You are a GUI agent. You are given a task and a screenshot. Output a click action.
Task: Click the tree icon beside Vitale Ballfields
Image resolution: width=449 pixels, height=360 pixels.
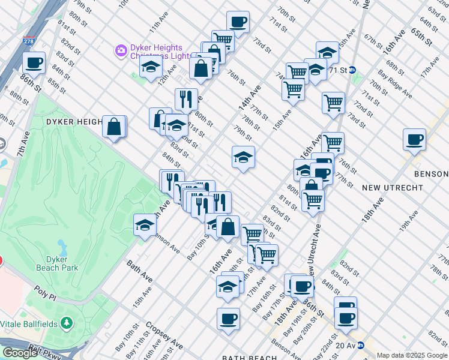[x=65, y=323]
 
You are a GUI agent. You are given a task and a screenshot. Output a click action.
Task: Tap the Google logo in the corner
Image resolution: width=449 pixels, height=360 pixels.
[x=20, y=353]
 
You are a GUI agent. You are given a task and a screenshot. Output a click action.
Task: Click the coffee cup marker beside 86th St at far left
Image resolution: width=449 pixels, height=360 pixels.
[x=34, y=62]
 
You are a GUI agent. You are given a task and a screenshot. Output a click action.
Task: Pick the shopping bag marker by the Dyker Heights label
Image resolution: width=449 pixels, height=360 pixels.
[x=113, y=127]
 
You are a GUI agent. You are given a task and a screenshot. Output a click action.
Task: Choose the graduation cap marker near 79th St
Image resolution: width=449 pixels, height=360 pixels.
[x=243, y=158]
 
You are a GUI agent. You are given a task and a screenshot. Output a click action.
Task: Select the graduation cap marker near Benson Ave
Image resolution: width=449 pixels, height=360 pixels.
[x=145, y=225]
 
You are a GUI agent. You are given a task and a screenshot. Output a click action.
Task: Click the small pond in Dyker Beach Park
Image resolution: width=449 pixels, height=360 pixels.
[x=62, y=246]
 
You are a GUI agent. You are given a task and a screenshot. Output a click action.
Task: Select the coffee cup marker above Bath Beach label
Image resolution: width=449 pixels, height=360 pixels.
[x=228, y=319]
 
